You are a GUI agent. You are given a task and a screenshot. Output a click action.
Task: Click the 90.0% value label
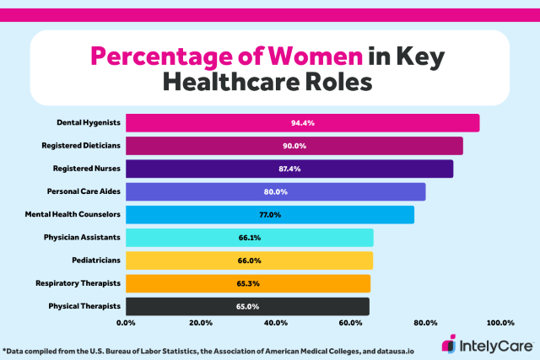point(294,146)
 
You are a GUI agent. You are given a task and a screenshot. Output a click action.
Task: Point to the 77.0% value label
point(270,214)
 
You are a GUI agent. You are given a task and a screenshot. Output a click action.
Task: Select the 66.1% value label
point(250,237)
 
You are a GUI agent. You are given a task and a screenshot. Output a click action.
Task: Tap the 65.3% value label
point(248,283)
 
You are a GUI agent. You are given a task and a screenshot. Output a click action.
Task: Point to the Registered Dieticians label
point(81,146)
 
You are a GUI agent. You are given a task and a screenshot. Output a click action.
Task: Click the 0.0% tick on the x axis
point(127,323)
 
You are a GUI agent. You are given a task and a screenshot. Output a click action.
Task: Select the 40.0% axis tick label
point(275,323)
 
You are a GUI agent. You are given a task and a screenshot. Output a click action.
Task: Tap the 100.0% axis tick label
point(499,323)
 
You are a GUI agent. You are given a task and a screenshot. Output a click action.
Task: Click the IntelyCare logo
point(488,345)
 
